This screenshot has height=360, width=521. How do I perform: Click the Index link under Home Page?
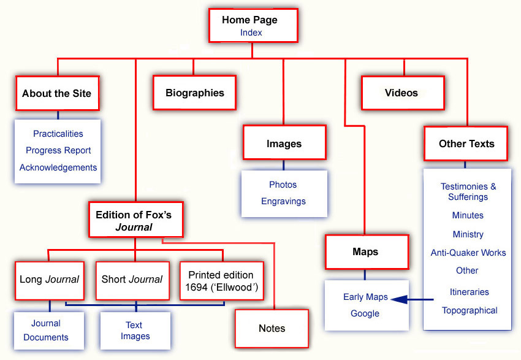click(251, 33)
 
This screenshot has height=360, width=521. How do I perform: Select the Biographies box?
click(195, 93)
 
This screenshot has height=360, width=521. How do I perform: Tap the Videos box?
click(403, 93)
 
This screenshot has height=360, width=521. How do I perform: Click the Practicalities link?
click(58, 134)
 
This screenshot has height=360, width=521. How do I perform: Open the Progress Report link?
click(58, 150)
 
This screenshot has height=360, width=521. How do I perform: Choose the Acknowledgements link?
click(58, 167)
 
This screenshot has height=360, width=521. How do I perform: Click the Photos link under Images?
click(283, 185)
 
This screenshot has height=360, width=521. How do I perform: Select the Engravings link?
click(283, 201)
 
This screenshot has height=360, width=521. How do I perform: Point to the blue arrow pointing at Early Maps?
click(412, 299)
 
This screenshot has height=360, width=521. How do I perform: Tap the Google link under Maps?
click(365, 313)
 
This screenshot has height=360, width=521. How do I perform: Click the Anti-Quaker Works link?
click(468, 253)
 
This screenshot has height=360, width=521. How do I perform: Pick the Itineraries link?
click(469, 292)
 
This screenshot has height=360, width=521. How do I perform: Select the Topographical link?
click(470, 310)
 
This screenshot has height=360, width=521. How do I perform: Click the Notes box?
click(272, 329)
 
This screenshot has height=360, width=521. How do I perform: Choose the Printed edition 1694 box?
click(222, 281)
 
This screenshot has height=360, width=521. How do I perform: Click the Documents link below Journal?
click(46, 337)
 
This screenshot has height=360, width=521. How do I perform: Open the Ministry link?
click(468, 234)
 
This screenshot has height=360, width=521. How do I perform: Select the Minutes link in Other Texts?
click(468, 215)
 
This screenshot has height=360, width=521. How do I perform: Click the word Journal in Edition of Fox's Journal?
click(134, 227)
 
